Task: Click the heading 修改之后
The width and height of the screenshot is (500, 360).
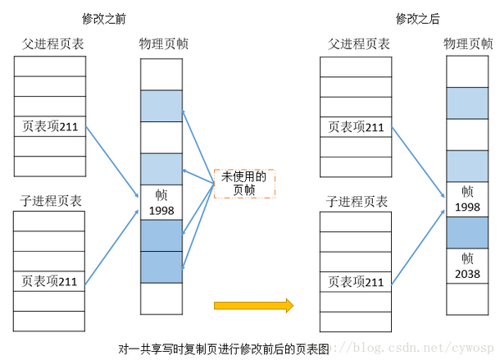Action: (x=417, y=17)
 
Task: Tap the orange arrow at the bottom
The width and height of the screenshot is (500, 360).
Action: (x=253, y=305)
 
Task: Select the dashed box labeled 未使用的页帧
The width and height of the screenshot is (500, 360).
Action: (x=243, y=183)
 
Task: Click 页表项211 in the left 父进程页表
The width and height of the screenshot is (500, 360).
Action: (x=49, y=126)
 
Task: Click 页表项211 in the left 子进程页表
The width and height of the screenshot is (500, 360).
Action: (x=49, y=281)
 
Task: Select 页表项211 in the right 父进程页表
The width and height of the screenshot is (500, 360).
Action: (x=356, y=126)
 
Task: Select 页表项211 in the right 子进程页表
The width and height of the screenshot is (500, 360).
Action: (x=356, y=281)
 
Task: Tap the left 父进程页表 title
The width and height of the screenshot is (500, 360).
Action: (x=49, y=43)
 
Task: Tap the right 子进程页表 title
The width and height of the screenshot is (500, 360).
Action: (x=356, y=200)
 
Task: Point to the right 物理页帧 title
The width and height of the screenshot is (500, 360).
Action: (x=468, y=43)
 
